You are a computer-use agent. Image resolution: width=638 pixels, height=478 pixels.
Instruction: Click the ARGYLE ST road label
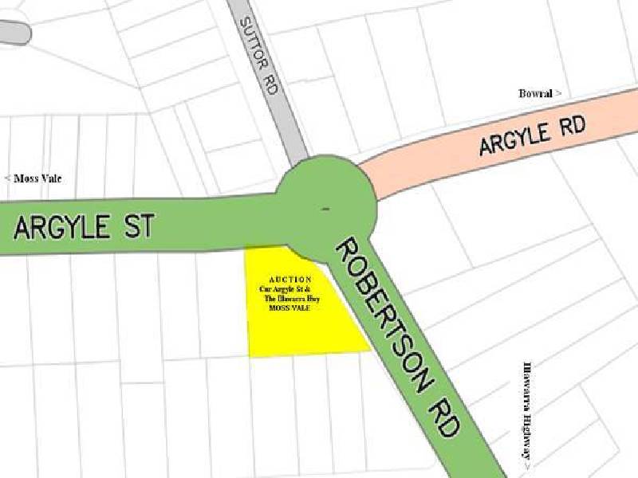(83, 228)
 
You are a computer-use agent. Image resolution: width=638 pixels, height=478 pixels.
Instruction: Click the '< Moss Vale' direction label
(33, 178)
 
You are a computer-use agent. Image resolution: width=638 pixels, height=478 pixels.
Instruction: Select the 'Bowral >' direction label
(540, 93)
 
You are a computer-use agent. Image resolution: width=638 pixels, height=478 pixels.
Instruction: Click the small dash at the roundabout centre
(325, 209)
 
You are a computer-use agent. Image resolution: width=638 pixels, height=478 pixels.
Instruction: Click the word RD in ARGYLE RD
(570, 127)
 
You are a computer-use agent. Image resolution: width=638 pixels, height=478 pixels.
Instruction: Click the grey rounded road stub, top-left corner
(14, 32)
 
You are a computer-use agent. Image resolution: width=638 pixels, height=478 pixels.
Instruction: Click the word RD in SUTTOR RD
(270, 85)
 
